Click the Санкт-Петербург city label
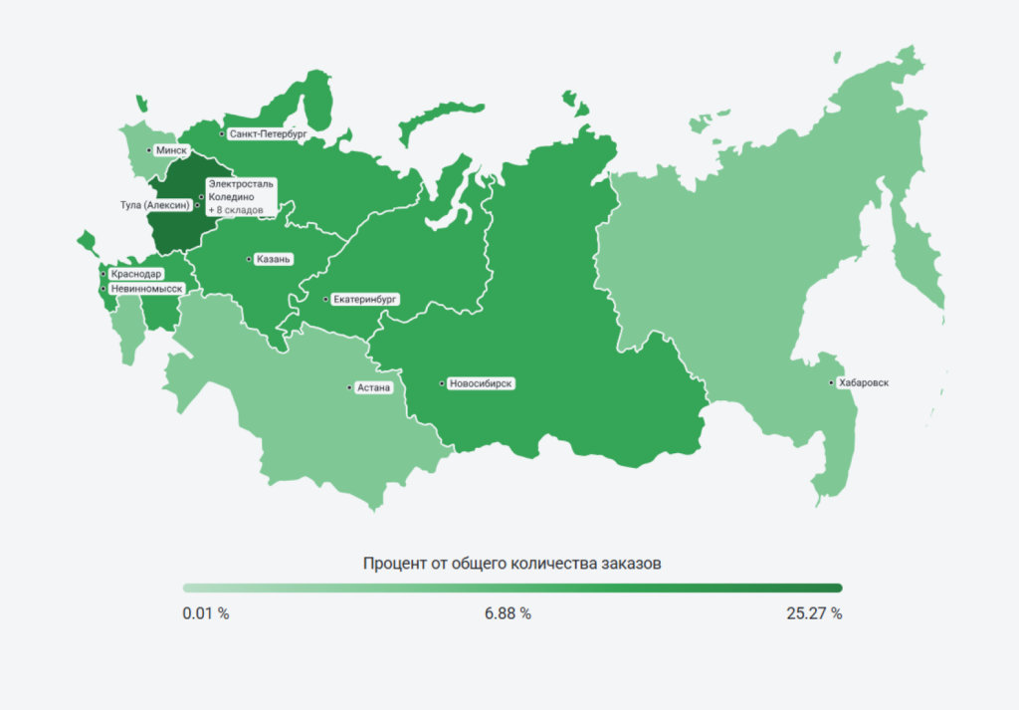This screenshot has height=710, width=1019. click(266, 132)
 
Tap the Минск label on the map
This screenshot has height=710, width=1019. click(172, 150)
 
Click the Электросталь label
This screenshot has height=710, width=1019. click(240, 185)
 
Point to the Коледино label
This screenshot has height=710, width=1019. click(232, 198)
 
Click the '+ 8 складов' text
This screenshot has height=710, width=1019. click(236, 211)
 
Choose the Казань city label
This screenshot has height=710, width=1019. click(273, 260)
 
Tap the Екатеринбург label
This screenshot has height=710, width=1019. click(365, 299)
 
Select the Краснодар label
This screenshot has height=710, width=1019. click(136, 274)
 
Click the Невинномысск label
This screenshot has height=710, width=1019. click(145, 289)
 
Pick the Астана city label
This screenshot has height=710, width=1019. click(373, 387)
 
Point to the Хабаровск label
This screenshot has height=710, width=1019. click(863, 382)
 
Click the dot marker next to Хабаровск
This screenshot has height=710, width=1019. click(833, 382)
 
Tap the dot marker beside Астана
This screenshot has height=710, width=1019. click(348, 387)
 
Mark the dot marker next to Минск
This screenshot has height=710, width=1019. click(149, 150)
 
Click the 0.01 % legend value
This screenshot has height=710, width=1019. click(206, 613)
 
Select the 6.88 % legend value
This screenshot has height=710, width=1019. click(508, 613)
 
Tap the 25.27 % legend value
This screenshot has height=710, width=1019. click(814, 613)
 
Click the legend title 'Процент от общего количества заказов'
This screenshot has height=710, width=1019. click(512, 564)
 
